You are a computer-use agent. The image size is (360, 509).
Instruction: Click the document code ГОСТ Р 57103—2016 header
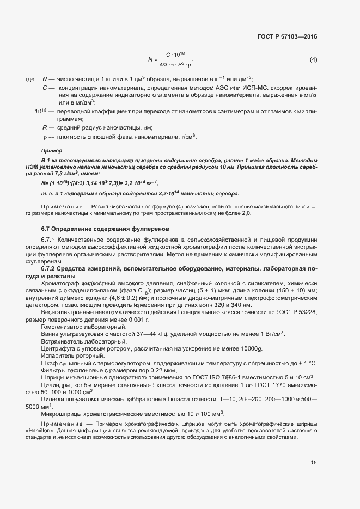coord(286,36)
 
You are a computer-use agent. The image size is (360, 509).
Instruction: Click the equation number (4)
coord(313,59)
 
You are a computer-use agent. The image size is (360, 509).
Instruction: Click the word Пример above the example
coord(52,150)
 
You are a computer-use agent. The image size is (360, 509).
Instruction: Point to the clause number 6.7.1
coord(49,240)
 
